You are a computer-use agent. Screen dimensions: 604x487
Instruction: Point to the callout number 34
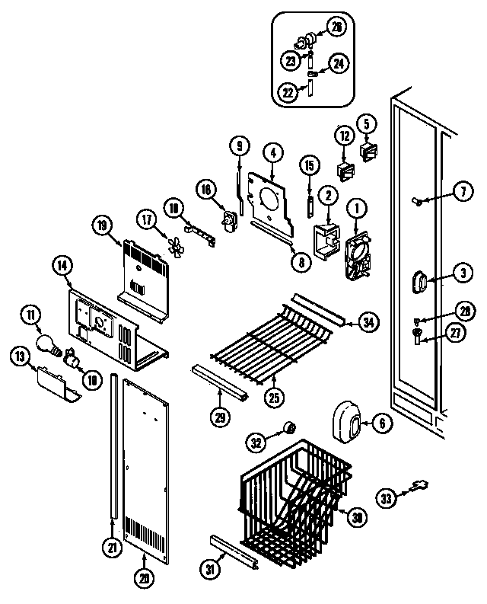click(368, 324)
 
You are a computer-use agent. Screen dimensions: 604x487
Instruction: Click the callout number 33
click(387, 500)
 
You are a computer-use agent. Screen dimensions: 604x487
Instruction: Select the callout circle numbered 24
click(339, 63)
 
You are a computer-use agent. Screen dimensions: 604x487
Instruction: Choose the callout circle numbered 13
click(19, 356)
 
